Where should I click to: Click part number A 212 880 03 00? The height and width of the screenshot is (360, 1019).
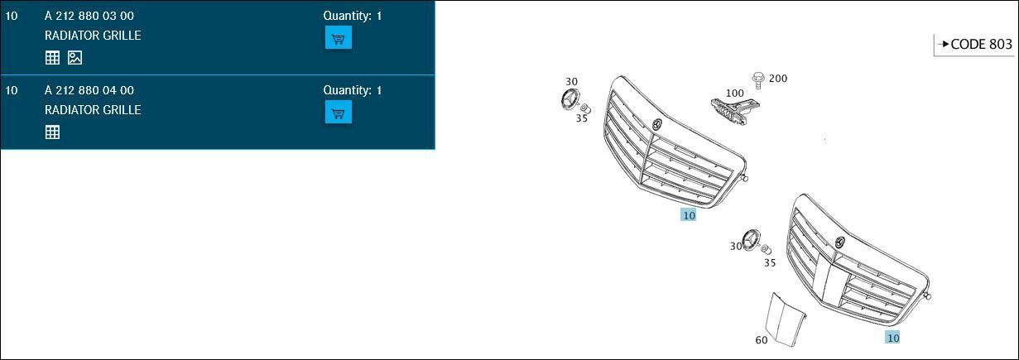click(89, 16)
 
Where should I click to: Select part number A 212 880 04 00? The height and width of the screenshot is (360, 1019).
click(89, 90)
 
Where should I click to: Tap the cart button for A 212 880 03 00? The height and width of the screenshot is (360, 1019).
click(338, 38)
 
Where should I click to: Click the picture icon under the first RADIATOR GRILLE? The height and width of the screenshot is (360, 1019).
click(75, 58)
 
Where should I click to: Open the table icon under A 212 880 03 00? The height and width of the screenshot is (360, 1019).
click(52, 58)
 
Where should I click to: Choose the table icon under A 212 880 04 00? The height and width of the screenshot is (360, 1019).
click(52, 132)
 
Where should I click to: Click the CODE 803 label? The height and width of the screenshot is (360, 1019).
click(981, 44)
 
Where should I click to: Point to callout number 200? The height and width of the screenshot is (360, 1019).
click(778, 78)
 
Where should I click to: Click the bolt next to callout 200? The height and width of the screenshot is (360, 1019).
click(758, 80)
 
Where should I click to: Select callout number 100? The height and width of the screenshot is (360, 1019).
click(735, 94)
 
